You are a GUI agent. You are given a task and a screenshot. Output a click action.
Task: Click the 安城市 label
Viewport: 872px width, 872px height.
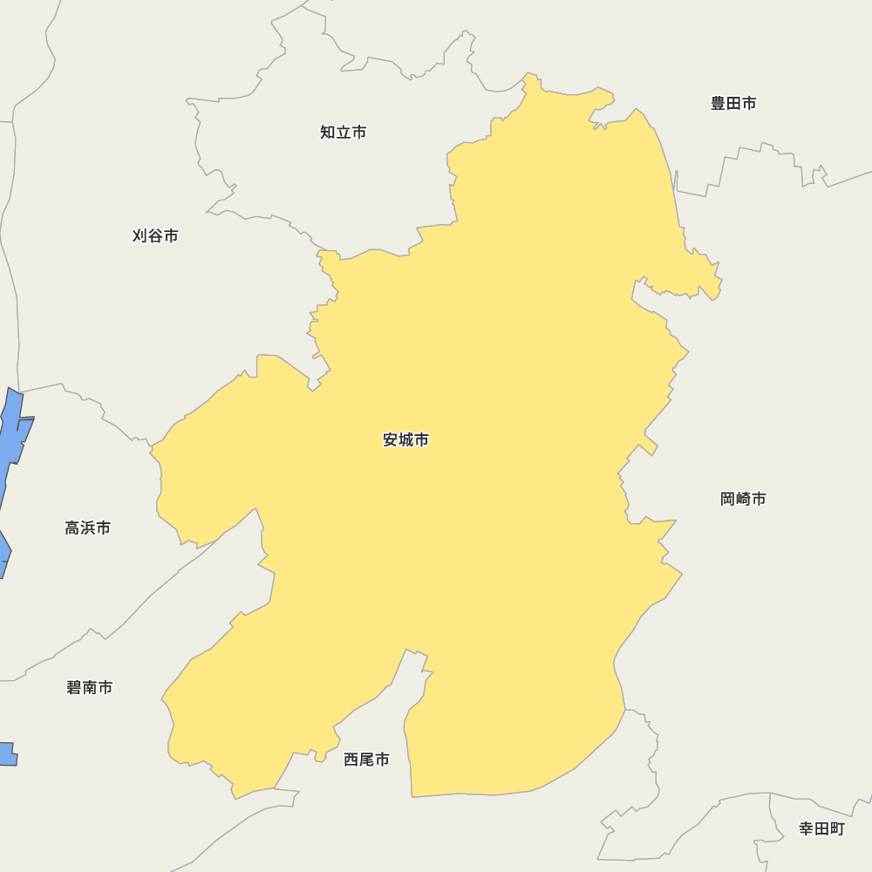[405, 440]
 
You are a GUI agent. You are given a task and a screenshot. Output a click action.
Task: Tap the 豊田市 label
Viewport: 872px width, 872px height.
[733, 104]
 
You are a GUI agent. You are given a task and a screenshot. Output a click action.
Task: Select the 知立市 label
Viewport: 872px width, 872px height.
[343, 133]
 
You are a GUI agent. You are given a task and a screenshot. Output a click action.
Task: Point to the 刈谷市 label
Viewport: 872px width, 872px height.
[155, 236]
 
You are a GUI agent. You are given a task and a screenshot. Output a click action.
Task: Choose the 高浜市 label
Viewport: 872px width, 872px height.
[87, 528]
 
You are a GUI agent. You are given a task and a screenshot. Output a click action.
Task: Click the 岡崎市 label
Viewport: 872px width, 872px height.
[743, 500]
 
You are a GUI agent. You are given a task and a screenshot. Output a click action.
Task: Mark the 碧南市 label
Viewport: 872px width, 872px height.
[89, 688]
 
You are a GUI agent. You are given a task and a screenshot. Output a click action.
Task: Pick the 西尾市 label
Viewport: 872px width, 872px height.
[366, 760]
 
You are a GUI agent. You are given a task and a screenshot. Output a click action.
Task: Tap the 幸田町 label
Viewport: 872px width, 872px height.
[821, 829]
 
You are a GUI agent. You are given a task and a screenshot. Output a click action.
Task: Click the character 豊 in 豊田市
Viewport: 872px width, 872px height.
[719, 104]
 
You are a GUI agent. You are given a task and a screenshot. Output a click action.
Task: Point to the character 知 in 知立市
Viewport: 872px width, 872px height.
[328, 133]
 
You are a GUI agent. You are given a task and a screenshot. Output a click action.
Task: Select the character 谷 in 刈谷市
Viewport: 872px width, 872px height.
[155, 236]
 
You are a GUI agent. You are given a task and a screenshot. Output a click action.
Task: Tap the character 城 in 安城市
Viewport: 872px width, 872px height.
[405, 440]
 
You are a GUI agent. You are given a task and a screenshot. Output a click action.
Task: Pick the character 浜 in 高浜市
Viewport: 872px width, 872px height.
[87, 528]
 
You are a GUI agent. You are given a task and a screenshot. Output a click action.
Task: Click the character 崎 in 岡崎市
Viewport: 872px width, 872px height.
[743, 500]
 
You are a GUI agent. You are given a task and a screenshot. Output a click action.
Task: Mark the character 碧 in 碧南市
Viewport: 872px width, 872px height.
[74, 688]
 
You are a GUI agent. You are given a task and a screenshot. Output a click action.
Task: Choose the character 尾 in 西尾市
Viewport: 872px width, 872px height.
[366, 760]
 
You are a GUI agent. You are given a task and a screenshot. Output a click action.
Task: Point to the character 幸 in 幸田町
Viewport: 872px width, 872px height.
[807, 829]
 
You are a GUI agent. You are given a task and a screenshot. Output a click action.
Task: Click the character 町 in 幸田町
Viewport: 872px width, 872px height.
[837, 829]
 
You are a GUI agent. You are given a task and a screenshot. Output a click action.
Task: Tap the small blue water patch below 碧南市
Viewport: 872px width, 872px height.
[7, 754]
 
